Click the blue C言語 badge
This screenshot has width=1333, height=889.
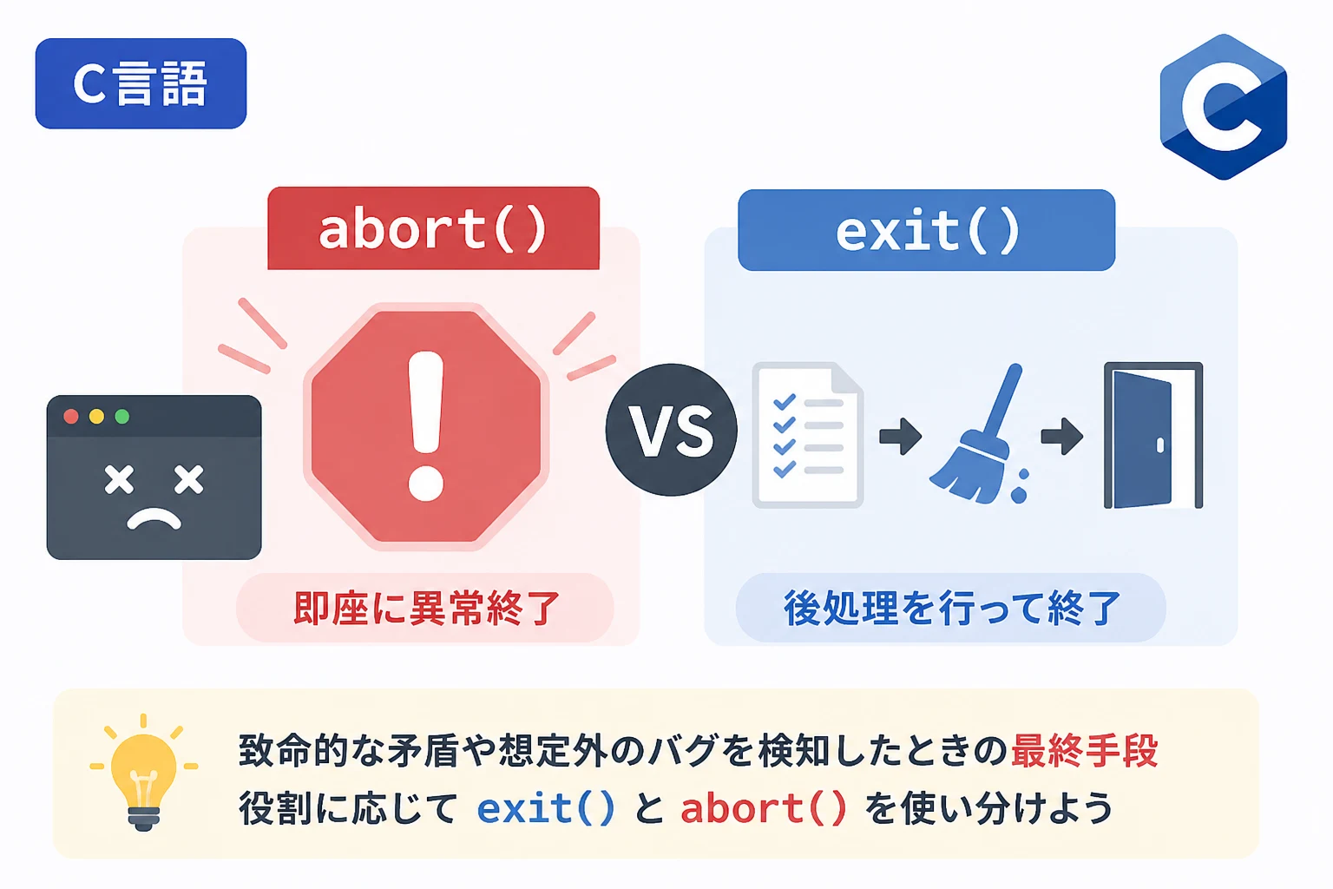141,83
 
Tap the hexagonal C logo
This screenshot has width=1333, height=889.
1224,107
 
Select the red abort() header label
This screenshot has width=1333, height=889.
433,228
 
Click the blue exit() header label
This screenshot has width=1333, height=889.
927,230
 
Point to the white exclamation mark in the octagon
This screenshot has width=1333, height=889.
425,425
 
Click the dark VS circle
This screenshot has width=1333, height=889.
671,430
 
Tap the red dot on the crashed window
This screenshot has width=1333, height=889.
71,416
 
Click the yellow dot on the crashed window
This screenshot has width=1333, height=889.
96,416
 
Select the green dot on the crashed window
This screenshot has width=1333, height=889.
122,416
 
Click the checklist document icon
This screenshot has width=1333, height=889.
808,435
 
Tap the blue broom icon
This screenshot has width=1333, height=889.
980,435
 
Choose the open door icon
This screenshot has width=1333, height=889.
1153,435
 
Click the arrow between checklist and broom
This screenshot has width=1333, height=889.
901,437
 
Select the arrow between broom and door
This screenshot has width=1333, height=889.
1061,437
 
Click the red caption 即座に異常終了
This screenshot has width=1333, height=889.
426,609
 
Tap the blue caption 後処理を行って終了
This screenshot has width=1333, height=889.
952,609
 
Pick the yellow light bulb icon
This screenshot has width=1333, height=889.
143,773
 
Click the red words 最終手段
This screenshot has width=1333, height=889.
1084,750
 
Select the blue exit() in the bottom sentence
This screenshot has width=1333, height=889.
546,808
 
